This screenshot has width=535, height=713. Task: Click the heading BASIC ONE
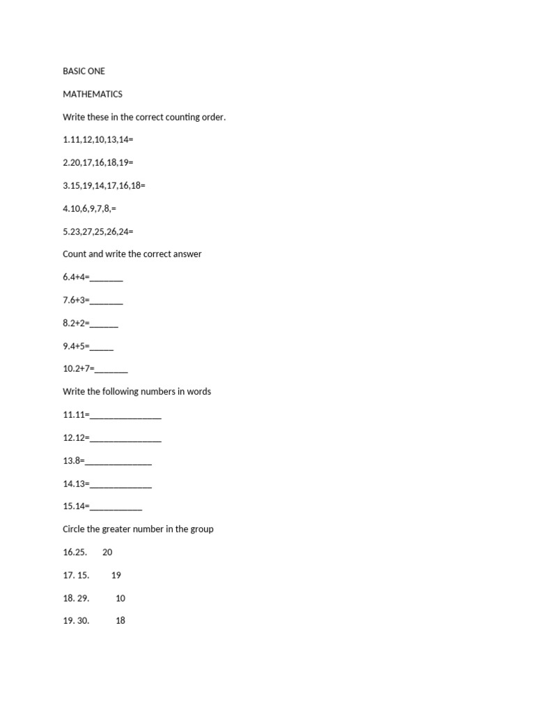(84, 71)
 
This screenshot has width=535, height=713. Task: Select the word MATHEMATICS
(93, 94)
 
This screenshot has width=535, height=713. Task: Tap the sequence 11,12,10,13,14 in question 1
(100, 140)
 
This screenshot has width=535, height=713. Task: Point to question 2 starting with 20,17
(100, 163)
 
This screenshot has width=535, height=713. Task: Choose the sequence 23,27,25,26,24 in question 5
(100, 231)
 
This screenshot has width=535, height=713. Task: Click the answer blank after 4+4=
(107, 279)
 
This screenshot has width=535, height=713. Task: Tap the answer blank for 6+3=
(107, 301)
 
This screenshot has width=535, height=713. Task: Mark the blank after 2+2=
(104, 324)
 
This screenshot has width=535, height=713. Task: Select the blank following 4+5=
(102, 347)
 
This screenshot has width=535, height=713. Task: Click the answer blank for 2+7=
(111, 370)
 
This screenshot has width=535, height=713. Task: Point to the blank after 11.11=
(126, 416)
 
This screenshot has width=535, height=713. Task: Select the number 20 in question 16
(107, 552)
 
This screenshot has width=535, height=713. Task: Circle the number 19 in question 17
(116, 575)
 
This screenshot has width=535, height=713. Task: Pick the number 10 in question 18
(121, 598)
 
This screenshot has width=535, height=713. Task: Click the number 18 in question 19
(121, 620)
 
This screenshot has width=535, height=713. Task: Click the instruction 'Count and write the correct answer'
(132, 254)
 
